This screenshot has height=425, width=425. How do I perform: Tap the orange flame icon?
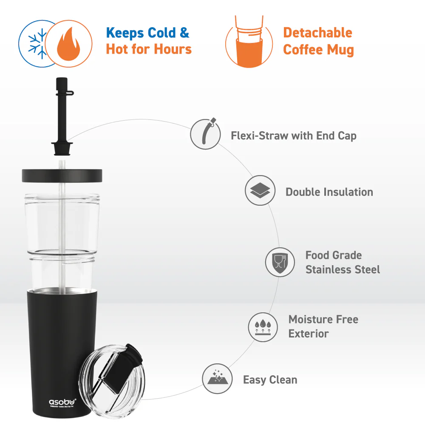tap(68, 44)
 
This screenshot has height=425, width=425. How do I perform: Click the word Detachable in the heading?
tap(317, 33)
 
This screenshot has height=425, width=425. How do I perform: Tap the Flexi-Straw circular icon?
tap(205, 134)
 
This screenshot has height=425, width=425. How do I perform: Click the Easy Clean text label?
tap(270, 380)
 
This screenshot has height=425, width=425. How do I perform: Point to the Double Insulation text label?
tap(329, 192)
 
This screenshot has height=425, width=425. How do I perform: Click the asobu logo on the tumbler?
tap(62, 401)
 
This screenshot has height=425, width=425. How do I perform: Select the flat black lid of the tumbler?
tap(62, 175)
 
